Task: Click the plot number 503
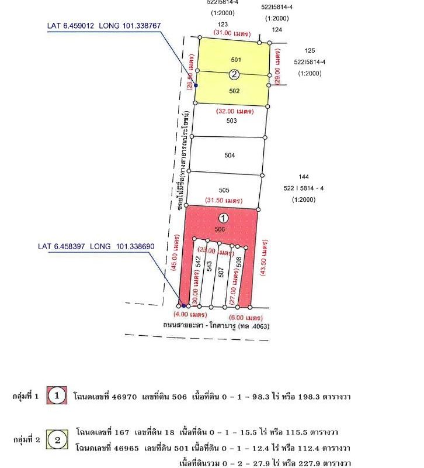coord(231,121)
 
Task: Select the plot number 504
coord(230,156)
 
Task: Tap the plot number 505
coord(224,190)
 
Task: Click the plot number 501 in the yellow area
coord(236,60)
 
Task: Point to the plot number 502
coord(234,91)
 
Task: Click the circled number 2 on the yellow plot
coord(234,74)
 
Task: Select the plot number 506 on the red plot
coord(220,229)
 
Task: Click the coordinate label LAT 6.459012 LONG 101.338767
coord(103,26)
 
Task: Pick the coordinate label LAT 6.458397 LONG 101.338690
coord(96,247)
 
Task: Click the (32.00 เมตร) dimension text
coord(235,111)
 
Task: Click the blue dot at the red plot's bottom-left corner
coord(183,305)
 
